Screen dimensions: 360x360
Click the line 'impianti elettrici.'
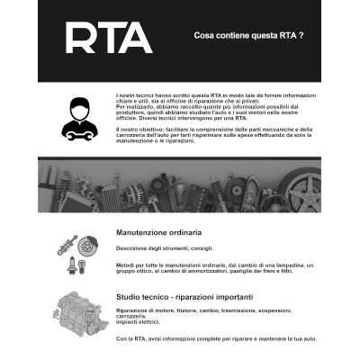pyautogui.click(x=140, y=323)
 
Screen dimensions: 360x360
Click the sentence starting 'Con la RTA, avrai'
pyautogui.click(x=216, y=338)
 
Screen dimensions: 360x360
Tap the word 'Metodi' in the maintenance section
pyautogui.click(x=126, y=266)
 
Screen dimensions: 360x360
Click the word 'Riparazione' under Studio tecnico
pyautogui.click(x=133, y=310)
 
